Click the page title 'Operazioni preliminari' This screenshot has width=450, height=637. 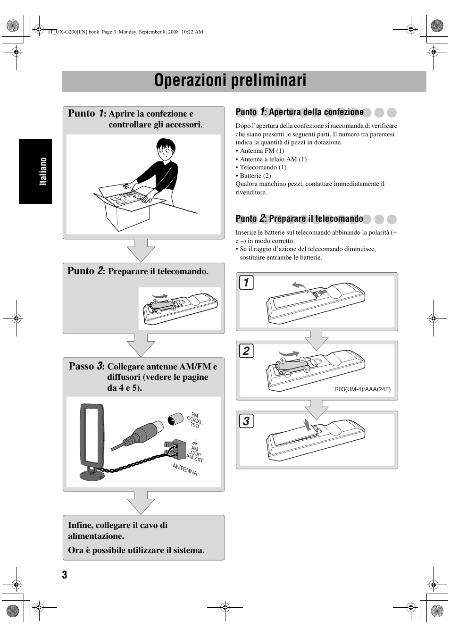[230, 81]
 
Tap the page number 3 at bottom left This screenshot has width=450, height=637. [65, 574]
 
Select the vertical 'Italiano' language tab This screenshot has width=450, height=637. [43, 171]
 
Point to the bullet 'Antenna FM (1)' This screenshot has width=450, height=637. [262, 151]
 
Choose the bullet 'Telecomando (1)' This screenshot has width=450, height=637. [263, 168]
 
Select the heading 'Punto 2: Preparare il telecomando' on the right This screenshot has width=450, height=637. [300, 218]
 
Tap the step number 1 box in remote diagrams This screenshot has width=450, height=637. [246, 282]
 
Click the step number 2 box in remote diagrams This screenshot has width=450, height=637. [246, 351]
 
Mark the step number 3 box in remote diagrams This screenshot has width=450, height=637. [246, 420]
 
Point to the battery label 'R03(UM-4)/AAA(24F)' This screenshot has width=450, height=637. [362, 389]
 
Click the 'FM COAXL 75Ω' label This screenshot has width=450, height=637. [195, 419]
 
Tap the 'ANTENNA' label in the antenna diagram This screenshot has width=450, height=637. [185, 469]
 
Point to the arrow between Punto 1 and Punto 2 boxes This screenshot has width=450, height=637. [141, 251]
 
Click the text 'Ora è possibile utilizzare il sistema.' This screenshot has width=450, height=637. [136, 550]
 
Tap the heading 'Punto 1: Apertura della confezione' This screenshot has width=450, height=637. [300, 112]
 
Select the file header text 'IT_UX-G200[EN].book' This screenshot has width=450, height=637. [73, 32]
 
